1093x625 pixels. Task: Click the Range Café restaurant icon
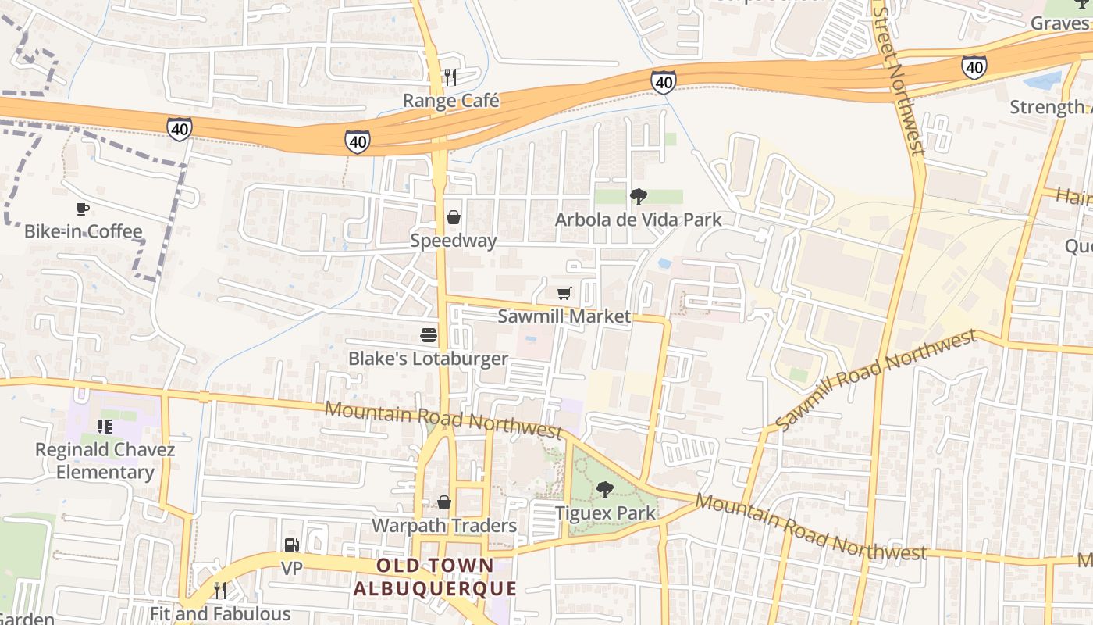coord(450,77)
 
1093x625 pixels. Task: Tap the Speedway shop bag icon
coord(454,216)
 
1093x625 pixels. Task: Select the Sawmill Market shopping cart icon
coord(564,293)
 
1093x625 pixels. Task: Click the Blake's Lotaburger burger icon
coord(429,335)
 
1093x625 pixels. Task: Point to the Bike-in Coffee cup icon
coord(83,208)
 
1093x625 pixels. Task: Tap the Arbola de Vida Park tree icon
coord(638,196)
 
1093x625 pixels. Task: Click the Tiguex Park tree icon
coord(604,490)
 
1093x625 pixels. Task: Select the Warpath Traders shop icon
coord(444,502)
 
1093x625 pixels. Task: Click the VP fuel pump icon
coord(291,545)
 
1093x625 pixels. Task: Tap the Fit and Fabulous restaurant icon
coord(220,590)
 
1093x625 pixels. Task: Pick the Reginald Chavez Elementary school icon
coord(105,427)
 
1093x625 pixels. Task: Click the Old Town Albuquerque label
coord(435,577)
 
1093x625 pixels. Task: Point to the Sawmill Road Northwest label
coord(876,380)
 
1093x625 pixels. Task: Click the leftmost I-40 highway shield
coord(179,129)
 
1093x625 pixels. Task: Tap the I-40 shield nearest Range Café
coord(358,141)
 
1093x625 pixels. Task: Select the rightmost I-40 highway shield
coord(974,68)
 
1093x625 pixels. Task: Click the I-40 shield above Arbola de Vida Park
coord(663,81)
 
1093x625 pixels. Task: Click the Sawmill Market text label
coord(564,316)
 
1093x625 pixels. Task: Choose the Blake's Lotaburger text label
coord(428,359)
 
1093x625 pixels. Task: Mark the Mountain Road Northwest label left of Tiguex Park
coord(443,420)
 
